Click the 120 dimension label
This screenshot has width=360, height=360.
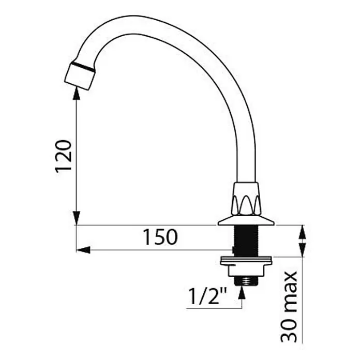[x=64, y=155]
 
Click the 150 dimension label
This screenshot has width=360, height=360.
[x=160, y=237]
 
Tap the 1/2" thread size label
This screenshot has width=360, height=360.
[x=207, y=296]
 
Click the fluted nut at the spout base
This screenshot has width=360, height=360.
[x=246, y=199]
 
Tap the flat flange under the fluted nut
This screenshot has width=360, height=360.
[x=246, y=221]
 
